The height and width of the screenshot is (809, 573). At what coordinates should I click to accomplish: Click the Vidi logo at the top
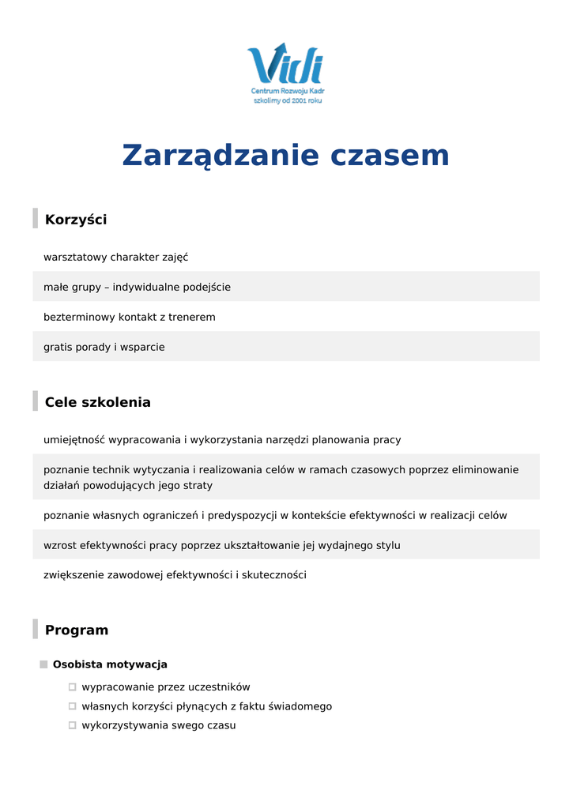click(x=285, y=65)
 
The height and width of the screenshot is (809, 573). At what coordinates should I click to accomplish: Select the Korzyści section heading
click(x=76, y=220)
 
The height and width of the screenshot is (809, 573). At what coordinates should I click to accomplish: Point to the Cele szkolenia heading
click(x=97, y=402)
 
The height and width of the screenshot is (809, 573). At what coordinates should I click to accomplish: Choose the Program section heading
click(x=77, y=630)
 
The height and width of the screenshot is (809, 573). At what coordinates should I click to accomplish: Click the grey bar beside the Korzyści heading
click(x=35, y=219)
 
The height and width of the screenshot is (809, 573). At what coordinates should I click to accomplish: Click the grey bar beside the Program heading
click(x=35, y=630)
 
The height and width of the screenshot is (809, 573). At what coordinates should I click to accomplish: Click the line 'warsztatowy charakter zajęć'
click(x=115, y=258)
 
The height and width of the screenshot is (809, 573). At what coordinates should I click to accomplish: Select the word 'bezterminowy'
click(x=79, y=318)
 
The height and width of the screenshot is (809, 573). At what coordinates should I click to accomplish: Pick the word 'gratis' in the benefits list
click(x=58, y=348)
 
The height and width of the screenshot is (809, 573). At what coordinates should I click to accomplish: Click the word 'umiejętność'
click(x=74, y=440)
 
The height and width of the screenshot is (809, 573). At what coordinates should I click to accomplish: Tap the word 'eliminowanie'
click(x=485, y=470)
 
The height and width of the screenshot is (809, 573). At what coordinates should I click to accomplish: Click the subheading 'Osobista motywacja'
click(x=110, y=664)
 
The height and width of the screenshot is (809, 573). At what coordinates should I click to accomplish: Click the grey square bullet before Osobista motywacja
click(x=43, y=664)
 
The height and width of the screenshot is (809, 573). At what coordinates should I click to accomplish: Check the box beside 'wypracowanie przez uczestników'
click(x=72, y=687)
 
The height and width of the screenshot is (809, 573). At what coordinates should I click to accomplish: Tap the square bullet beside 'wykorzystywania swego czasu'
click(x=72, y=725)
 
